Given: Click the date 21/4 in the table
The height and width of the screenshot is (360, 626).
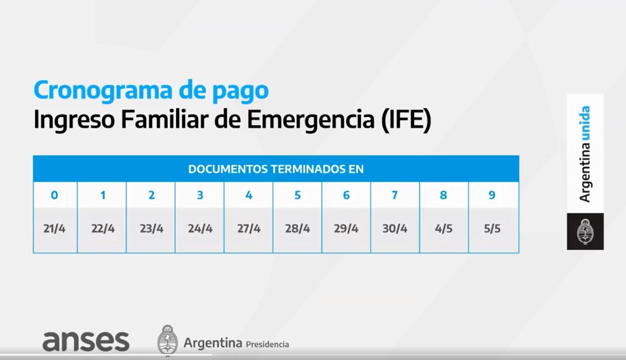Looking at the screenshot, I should click(54, 229).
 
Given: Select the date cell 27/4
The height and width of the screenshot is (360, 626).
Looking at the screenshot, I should click(249, 229).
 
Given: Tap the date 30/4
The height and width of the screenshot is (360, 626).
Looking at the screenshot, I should click(395, 229).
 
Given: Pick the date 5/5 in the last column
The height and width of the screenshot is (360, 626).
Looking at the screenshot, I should click(492, 229).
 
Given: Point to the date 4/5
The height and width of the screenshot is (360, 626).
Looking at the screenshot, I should click(443, 229).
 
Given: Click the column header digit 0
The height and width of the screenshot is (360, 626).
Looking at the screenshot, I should click(54, 195).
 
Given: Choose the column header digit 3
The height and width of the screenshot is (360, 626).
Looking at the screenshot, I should click(200, 195).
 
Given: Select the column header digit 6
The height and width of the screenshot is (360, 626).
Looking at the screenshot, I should click(346, 195).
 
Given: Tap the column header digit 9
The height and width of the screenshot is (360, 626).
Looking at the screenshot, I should click(492, 195).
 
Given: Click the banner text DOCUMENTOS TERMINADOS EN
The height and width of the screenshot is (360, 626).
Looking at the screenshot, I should click(276, 169).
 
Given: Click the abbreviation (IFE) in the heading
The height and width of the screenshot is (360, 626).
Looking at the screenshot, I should click(407, 120).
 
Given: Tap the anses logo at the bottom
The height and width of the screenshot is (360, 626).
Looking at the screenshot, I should click(86, 342).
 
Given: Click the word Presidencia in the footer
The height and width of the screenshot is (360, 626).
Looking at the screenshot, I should click(267, 344).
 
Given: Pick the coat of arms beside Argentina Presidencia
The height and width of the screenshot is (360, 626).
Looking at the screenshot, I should click(167, 340).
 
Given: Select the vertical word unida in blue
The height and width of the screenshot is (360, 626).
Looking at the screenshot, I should click(585, 122).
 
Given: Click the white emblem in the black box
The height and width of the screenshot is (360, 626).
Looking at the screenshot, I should click(585, 232).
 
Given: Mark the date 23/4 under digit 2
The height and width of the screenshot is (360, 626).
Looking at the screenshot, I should click(151, 229).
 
